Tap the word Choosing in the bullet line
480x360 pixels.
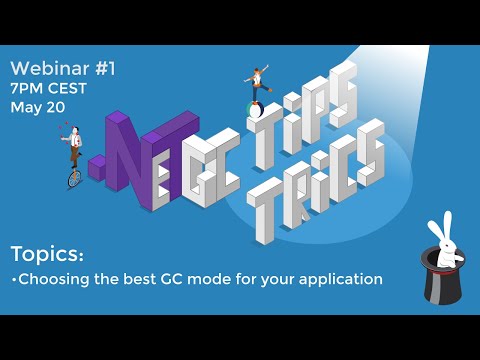(56, 279)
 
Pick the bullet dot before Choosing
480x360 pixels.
(14, 280)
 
